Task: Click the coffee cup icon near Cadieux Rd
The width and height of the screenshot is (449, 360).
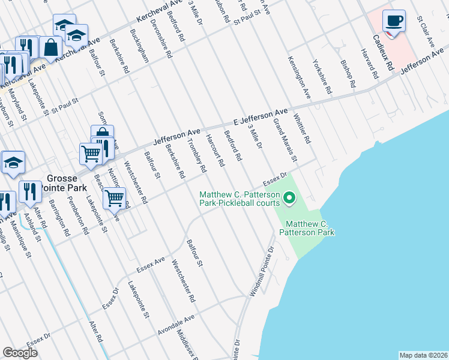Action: (x=394, y=21)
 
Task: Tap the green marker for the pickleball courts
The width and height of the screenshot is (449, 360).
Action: (x=289, y=197)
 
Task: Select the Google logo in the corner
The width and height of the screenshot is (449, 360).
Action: (x=20, y=352)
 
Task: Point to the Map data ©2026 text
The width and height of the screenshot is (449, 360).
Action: (x=423, y=355)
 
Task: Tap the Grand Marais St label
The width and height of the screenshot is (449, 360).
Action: (x=285, y=140)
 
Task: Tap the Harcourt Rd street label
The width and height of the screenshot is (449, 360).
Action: (x=215, y=150)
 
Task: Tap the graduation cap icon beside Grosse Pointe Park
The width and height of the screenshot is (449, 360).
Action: (x=13, y=163)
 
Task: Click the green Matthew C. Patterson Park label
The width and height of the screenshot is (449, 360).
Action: (x=306, y=227)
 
